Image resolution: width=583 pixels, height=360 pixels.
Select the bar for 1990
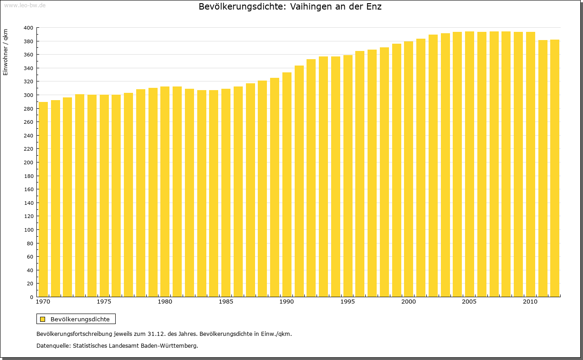pyautogui.click(x=287, y=184)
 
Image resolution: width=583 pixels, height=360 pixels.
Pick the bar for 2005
pyautogui.click(x=470, y=164)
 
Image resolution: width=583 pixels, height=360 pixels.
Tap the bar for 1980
pyautogui.click(x=165, y=191)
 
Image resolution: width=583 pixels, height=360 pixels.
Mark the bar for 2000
pyautogui.click(x=409, y=169)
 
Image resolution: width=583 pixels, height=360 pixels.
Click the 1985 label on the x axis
pyautogui.click(x=226, y=302)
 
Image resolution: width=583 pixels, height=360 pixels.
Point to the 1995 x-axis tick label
pyautogui.click(x=348, y=302)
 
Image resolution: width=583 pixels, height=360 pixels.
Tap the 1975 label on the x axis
pyautogui.click(x=104, y=302)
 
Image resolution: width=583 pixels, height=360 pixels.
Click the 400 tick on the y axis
pyautogui.click(x=28, y=28)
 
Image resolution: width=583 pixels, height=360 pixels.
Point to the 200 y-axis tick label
pyautogui.click(x=28, y=162)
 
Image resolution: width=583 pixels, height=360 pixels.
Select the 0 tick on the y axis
pyautogui.click(x=31, y=297)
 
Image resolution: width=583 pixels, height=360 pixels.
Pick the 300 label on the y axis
pyautogui.click(x=28, y=95)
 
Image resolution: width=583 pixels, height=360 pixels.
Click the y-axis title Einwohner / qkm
pyautogui.click(x=5, y=52)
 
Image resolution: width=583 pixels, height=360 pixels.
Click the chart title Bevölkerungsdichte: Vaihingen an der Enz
pyautogui.click(x=290, y=7)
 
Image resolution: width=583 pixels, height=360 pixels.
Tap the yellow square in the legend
pyautogui.click(x=42, y=319)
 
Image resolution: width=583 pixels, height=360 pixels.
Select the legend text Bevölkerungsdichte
pyautogui.click(x=80, y=319)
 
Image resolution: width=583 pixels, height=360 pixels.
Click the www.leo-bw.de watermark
pyautogui.click(x=25, y=5)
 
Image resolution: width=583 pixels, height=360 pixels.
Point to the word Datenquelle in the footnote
pyautogui.click(x=52, y=346)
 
